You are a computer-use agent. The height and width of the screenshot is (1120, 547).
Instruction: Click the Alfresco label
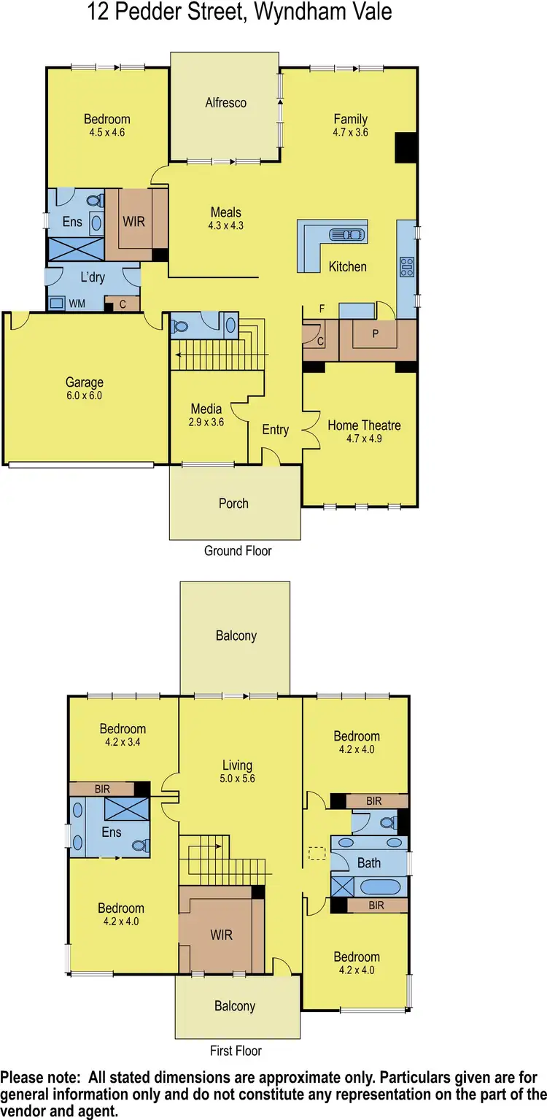pyautogui.click(x=225, y=103)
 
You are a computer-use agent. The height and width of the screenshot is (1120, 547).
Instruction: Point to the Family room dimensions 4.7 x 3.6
pyautogui.click(x=350, y=132)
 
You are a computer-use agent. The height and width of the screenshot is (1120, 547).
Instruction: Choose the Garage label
pyautogui.click(x=85, y=382)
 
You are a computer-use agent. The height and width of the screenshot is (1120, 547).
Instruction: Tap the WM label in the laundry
pyautogui.click(x=77, y=303)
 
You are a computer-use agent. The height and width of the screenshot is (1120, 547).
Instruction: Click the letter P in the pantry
pyautogui.click(x=376, y=334)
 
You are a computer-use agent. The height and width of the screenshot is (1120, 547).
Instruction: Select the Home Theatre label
pyautogui.click(x=364, y=425)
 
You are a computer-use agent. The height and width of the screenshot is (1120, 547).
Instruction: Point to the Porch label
pyautogui.click(x=233, y=503)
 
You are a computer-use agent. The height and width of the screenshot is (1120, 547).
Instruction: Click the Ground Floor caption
pyautogui.click(x=238, y=551)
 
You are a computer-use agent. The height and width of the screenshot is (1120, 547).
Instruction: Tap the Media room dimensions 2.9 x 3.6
pyautogui.click(x=206, y=422)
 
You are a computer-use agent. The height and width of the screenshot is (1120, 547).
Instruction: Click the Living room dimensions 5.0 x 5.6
pyautogui.click(x=237, y=779)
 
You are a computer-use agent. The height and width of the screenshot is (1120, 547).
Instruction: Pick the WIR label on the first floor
pyautogui.click(x=221, y=934)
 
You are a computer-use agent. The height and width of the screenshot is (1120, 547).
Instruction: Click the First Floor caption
pyautogui.click(x=236, y=1051)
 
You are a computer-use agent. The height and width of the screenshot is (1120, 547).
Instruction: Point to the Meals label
pyautogui.click(x=225, y=212)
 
